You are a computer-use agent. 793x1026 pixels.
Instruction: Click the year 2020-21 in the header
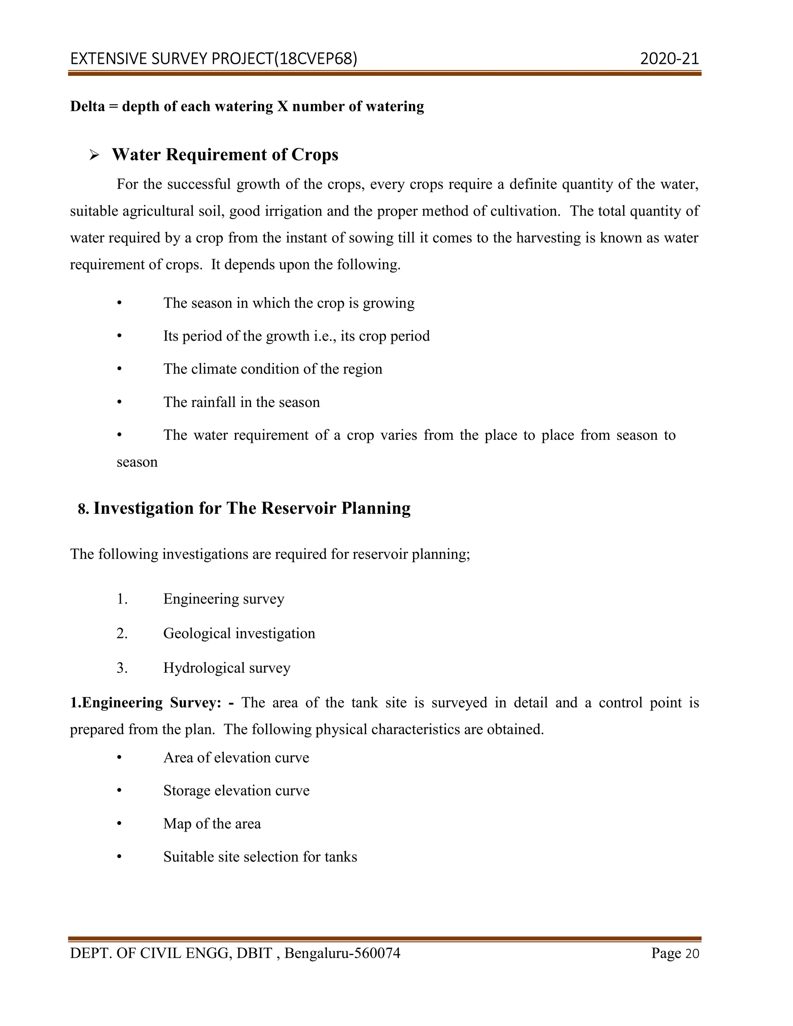point(669,59)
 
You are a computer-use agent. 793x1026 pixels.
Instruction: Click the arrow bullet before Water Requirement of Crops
point(94,155)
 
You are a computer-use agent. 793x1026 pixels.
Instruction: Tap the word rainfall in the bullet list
point(213,402)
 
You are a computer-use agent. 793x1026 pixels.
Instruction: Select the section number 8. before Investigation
point(83,509)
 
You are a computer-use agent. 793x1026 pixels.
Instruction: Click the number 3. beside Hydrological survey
point(122,667)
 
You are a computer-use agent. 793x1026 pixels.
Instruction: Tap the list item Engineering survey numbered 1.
point(224,599)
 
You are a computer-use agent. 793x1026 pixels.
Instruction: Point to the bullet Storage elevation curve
point(236,791)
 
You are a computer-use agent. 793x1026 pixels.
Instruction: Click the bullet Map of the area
point(212,824)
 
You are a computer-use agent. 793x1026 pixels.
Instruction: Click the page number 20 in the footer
point(692,954)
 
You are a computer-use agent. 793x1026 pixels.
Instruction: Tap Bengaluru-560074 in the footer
point(342,953)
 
